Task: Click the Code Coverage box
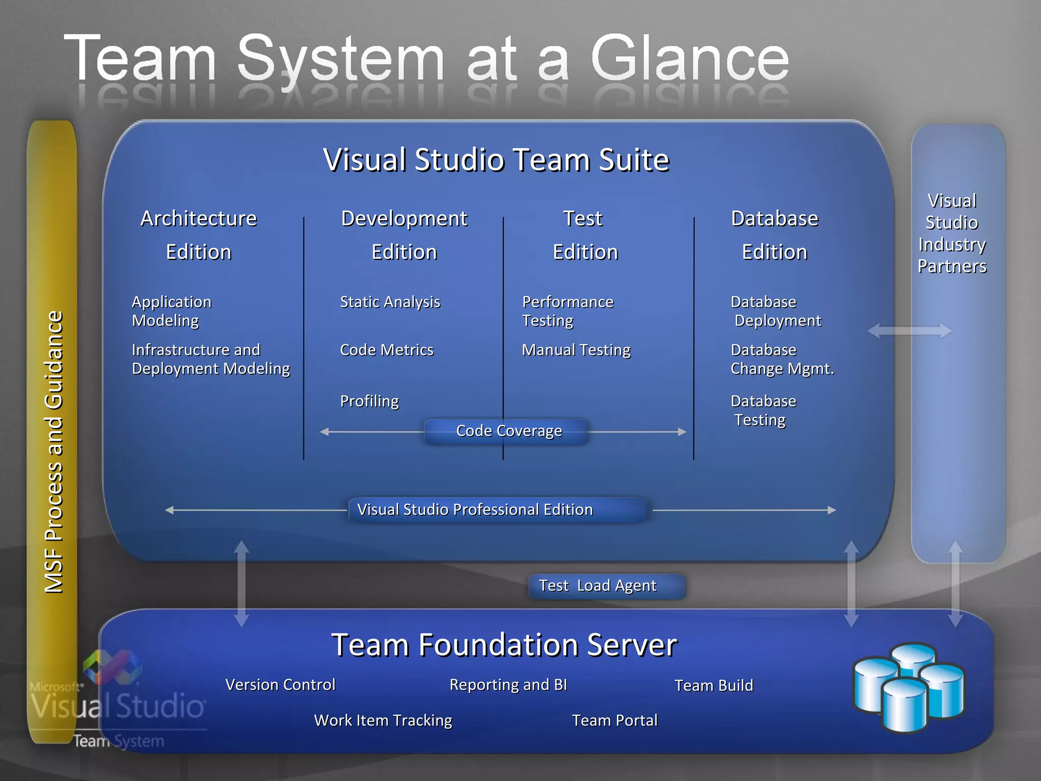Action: [507, 431]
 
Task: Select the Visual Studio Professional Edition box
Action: [498, 509]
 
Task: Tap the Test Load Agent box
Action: [607, 586]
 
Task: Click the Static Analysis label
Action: [390, 302]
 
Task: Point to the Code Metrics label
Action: [386, 350]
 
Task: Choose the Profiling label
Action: [369, 401]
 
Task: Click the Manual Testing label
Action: [576, 350]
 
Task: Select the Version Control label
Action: [280, 685]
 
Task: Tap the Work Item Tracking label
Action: [383, 720]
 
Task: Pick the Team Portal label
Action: [615, 720]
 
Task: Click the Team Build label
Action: [714, 685]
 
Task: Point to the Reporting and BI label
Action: [508, 685]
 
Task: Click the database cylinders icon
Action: [909, 686]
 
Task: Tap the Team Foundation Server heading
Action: [504, 645]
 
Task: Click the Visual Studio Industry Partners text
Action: [952, 233]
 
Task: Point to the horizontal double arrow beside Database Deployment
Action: [909, 331]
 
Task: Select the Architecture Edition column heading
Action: [199, 235]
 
